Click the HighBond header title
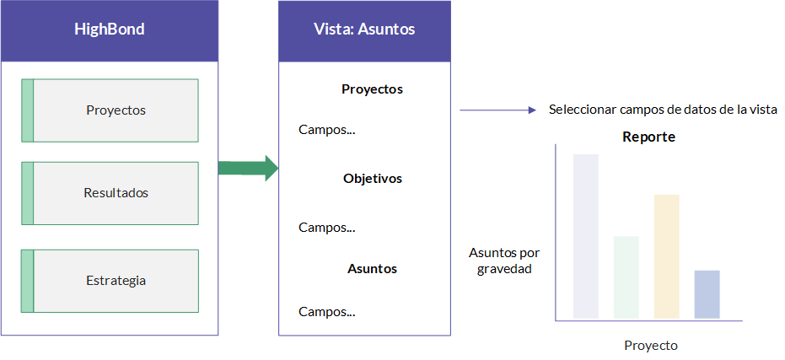[x=109, y=29]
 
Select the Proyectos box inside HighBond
[x=110, y=110]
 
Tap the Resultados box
[x=110, y=193]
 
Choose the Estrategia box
[x=110, y=281]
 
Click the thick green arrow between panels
[x=248, y=168]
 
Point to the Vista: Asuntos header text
[x=364, y=29]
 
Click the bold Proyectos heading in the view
[x=372, y=89]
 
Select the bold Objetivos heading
[x=373, y=179]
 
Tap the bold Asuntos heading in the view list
[x=372, y=269]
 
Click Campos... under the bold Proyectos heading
[x=327, y=130]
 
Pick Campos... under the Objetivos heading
[x=327, y=228]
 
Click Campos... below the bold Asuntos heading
[x=327, y=312]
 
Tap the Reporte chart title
[x=649, y=137]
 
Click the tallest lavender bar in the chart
[x=586, y=236]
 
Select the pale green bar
[x=626, y=277]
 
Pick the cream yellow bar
[x=666, y=256]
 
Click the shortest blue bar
[x=707, y=294]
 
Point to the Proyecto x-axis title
[x=651, y=346]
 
